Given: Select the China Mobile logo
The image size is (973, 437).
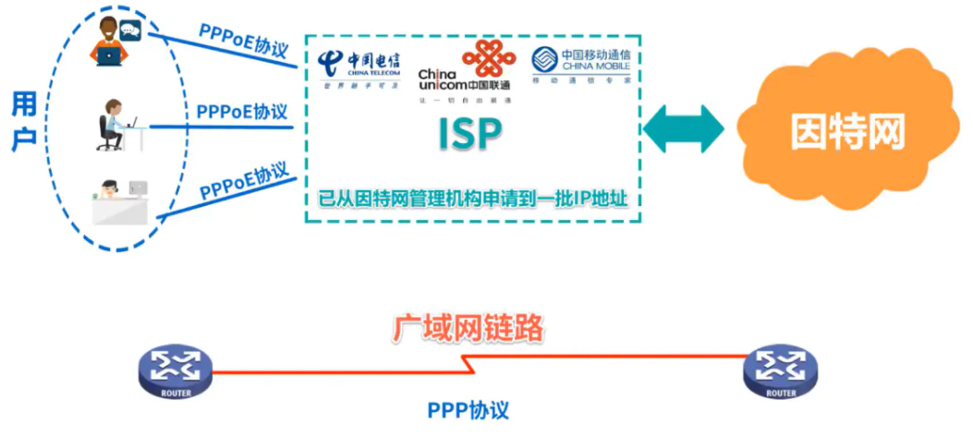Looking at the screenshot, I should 580,65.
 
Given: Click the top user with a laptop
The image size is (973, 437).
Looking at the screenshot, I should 110,45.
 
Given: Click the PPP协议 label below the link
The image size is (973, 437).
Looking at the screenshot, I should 468,409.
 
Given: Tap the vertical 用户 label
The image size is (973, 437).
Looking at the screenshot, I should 25,121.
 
